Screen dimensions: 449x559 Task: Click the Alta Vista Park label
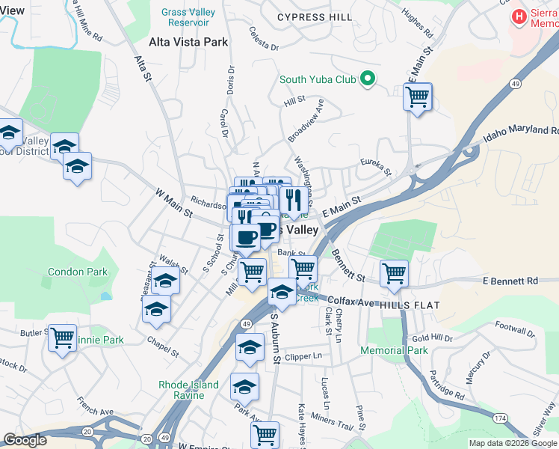(188, 42)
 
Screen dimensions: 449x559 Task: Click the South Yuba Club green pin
(367, 79)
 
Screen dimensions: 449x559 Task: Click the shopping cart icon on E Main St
(417, 96)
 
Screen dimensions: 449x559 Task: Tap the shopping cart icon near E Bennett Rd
(394, 273)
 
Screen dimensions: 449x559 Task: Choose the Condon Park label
(72, 272)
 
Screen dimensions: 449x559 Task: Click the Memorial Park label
(394, 350)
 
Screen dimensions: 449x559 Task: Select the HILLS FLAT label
(410, 305)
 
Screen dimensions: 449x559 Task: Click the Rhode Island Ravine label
(188, 391)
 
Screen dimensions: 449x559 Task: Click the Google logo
(25, 440)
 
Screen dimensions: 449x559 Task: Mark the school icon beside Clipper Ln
(250, 346)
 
